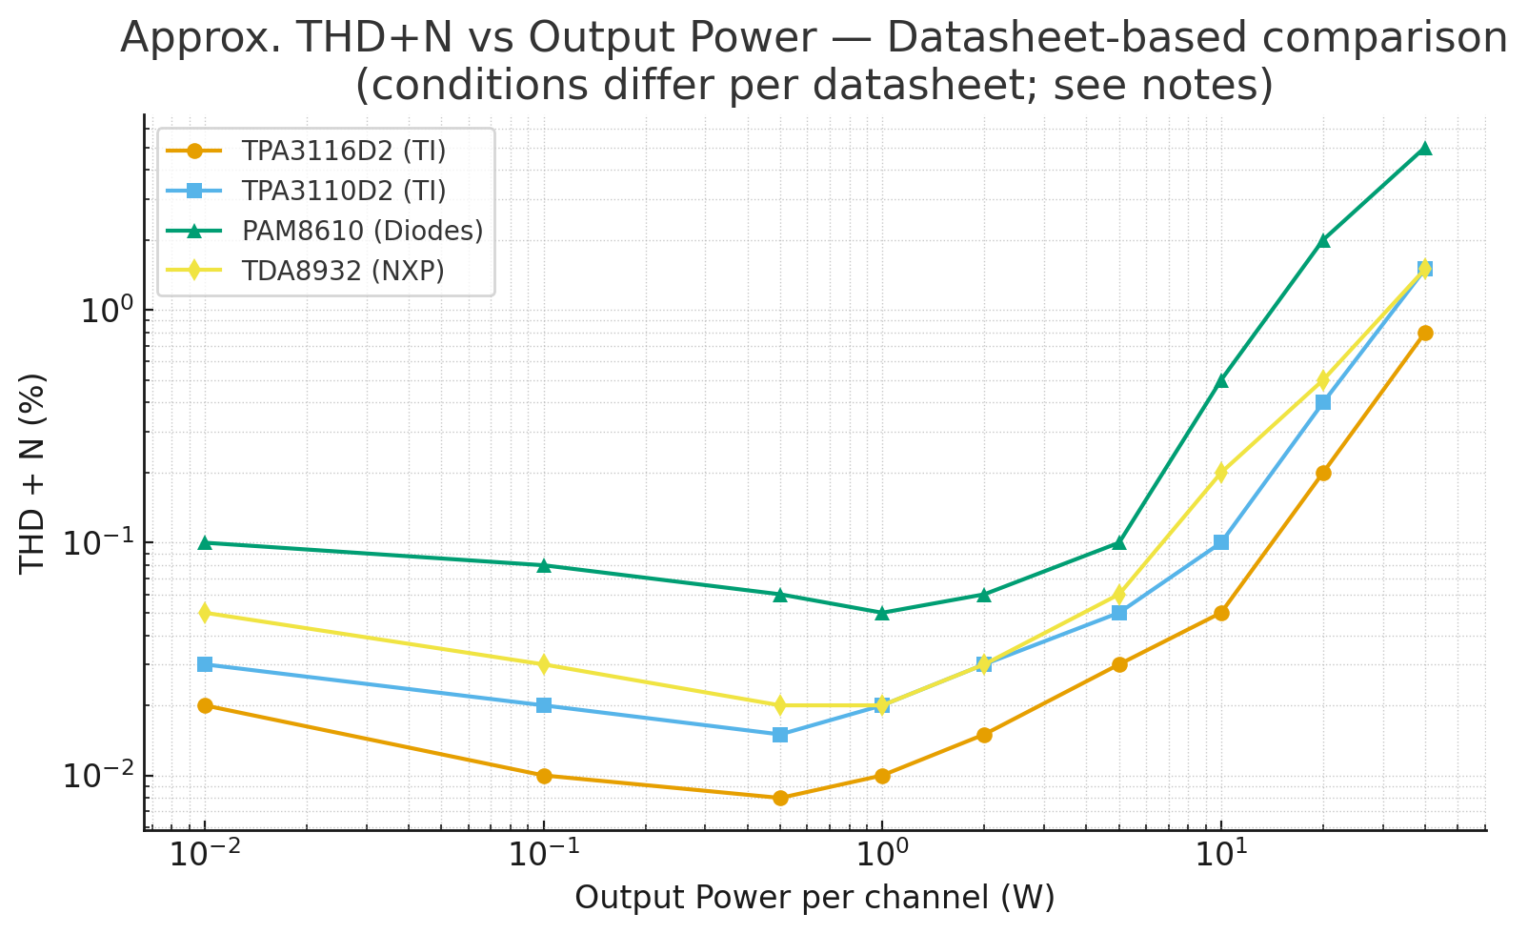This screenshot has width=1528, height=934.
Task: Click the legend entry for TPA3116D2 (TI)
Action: (x=343, y=151)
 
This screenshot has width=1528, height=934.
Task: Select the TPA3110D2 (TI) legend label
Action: (x=343, y=191)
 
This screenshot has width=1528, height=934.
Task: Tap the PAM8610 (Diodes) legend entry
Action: (x=362, y=231)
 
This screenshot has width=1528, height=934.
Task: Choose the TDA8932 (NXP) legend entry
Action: (x=343, y=271)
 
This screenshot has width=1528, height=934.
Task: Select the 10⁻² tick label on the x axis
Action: (x=204, y=852)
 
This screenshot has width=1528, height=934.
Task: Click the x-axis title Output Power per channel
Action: (x=814, y=898)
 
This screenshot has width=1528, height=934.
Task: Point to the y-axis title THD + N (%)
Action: (x=33, y=474)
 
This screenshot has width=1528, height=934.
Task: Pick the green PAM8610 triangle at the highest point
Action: (x=1424, y=149)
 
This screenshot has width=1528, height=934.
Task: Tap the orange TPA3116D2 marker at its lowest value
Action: (x=780, y=798)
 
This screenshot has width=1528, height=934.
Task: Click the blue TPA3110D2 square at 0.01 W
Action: (x=205, y=664)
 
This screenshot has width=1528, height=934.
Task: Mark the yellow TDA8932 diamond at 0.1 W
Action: (x=544, y=664)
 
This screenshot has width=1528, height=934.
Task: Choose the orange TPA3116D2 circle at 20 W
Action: (x=1323, y=473)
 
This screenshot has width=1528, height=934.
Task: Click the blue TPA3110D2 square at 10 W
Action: (x=1221, y=542)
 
